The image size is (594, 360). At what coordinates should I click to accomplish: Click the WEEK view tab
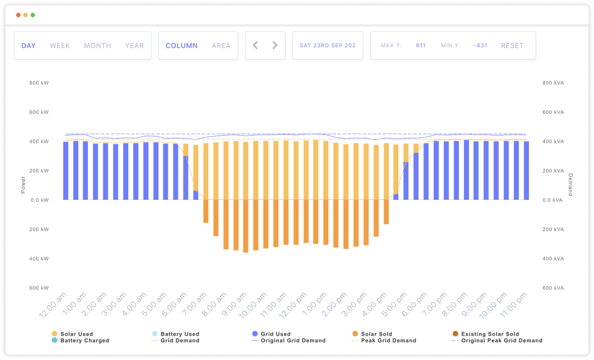(60, 46)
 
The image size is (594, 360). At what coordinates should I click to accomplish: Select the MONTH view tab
(98, 46)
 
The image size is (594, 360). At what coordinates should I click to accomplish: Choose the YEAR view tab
(134, 46)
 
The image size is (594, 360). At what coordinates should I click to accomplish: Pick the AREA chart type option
(221, 46)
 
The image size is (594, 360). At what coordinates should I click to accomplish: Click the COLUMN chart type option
(182, 46)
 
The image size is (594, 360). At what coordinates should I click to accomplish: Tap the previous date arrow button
(256, 46)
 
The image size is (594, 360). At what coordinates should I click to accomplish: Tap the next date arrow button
(274, 46)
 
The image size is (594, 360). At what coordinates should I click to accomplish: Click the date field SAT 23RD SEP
(327, 46)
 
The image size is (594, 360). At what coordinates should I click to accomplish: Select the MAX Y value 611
(421, 46)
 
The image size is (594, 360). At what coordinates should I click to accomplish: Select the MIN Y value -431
(480, 46)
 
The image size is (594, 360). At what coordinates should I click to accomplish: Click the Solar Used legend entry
(77, 334)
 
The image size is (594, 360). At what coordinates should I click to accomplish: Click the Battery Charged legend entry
(84, 341)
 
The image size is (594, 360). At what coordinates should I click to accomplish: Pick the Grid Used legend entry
(276, 334)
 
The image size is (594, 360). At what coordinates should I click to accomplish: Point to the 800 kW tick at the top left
(39, 83)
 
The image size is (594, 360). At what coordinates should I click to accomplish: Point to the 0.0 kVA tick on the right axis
(553, 200)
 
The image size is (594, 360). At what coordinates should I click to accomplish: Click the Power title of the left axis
(23, 186)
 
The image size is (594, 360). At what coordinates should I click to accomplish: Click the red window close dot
(18, 15)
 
